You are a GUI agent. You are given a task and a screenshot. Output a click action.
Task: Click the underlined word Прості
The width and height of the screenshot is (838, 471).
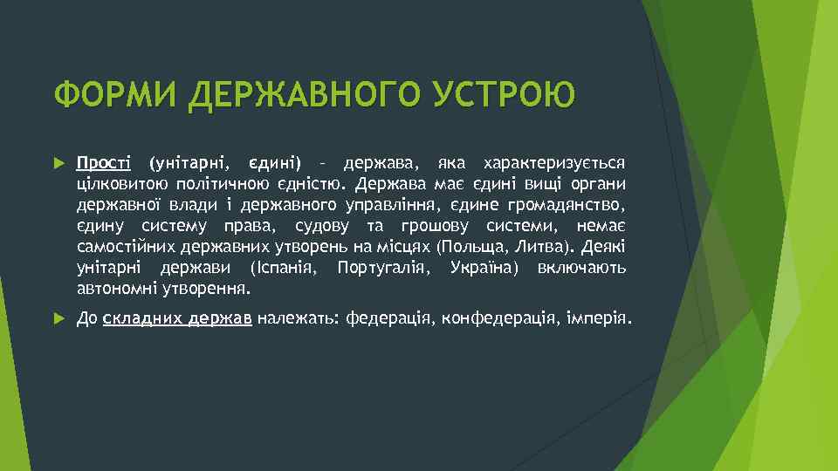pyautogui.click(x=104, y=163)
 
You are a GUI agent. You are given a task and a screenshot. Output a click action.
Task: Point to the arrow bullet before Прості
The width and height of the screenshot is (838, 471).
pyautogui.click(x=58, y=163)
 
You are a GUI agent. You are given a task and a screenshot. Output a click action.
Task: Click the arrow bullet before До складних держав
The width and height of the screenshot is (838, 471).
pyautogui.click(x=58, y=319)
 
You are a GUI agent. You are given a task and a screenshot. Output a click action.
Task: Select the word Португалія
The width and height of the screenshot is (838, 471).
pyautogui.click(x=383, y=268)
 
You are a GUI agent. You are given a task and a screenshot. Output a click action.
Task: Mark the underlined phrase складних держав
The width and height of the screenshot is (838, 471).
pyautogui.click(x=177, y=319)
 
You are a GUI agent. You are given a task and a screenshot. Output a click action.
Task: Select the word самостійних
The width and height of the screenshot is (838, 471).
pyautogui.click(x=122, y=247)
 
